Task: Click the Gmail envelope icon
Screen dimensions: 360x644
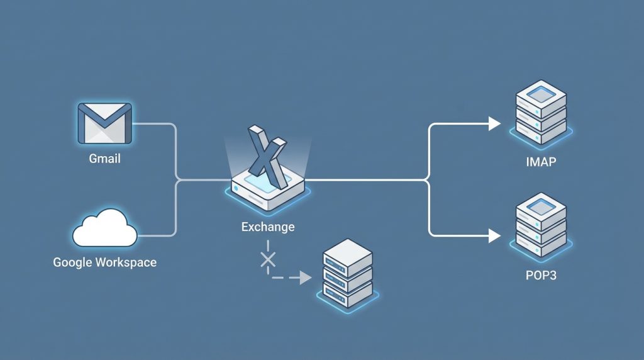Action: click(x=104, y=123)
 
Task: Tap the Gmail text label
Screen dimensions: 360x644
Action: click(x=104, y=159)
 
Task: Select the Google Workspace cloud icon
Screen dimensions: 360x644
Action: click(x=104, y=230)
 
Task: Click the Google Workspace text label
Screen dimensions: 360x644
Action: click(x=104, y=262)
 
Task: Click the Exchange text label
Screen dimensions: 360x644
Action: click(x=267, y=227)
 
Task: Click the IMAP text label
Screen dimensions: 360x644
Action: click(x=541, y=162)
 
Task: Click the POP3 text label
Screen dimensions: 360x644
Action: click(x=541, y=276)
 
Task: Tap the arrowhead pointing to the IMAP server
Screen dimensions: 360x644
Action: click(x=495, y=124)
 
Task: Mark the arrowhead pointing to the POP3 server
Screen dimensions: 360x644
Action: click(x=495, y=236)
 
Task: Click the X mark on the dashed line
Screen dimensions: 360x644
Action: click(x=269, y=259)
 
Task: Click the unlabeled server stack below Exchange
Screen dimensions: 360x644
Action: click(x=348, y=274)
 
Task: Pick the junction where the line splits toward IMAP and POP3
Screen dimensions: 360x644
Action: click(x=429, y=181)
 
